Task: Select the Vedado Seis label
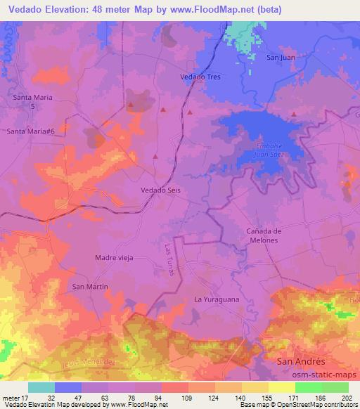(x=161, y=190)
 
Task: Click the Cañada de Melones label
(x=264, y=235)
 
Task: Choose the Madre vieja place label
(x=114, y=257)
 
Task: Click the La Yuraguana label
(x=214, y=300)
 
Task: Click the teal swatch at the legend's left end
(x=41, y=387)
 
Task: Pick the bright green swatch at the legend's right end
(x=335, y=387)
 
